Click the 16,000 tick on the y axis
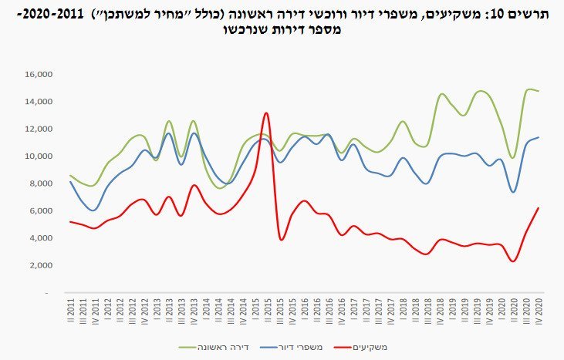pos(39,75)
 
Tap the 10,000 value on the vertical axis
pos(39,156)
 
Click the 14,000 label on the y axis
pos(39,102)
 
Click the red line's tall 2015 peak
pos(266,113)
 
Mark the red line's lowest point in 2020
pos(513,261)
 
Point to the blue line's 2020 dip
pos(513,192)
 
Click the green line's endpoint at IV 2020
pos(538,91)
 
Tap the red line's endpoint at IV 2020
pos(538,208)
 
